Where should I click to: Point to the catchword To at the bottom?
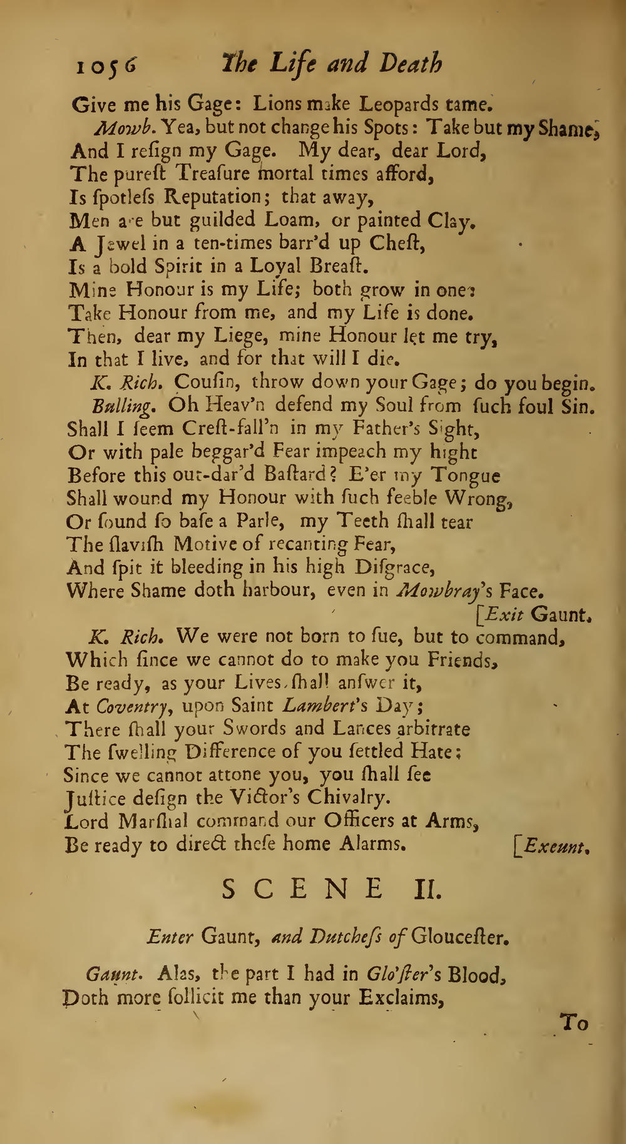tap(574, 1024)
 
